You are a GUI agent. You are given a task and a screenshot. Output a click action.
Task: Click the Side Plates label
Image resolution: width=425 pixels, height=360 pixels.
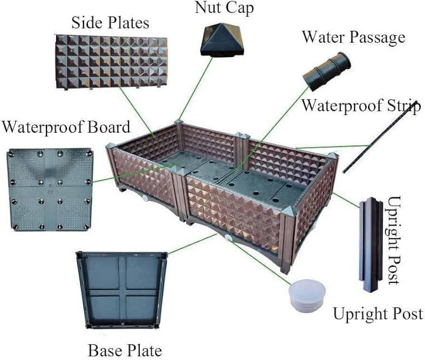pos(110,22)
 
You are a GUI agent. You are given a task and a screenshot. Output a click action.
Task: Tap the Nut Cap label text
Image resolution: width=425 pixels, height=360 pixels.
pos(224,8)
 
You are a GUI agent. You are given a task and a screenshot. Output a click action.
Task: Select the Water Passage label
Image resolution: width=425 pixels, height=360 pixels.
pos(354,37)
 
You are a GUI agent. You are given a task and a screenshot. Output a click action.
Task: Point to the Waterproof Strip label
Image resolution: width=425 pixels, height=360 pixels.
pos(361,106)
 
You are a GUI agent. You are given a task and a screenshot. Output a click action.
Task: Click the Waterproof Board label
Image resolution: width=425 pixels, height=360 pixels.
pos(66,127)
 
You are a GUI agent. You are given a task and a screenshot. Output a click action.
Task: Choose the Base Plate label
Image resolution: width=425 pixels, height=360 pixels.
pos(125,350)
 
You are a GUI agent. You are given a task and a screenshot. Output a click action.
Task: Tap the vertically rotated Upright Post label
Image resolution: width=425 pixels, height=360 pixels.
pos(394,240)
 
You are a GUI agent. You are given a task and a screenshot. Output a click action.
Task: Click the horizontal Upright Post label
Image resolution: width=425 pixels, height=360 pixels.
pos(378,314)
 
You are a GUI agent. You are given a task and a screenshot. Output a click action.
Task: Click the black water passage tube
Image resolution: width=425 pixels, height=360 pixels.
pos(327,71)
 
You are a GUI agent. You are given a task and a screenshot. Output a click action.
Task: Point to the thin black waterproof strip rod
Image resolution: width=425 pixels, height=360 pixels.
pos(381,136)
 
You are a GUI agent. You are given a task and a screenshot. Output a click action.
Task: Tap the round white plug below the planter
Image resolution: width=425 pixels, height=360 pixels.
pos(307,295)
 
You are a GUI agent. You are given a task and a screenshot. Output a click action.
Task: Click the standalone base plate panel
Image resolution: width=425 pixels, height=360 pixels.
pos(122,290)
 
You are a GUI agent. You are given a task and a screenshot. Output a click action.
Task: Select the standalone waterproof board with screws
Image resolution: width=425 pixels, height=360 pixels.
pos(50,189)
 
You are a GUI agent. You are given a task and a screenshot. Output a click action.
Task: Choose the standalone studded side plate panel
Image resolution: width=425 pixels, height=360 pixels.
pos(111,61)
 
